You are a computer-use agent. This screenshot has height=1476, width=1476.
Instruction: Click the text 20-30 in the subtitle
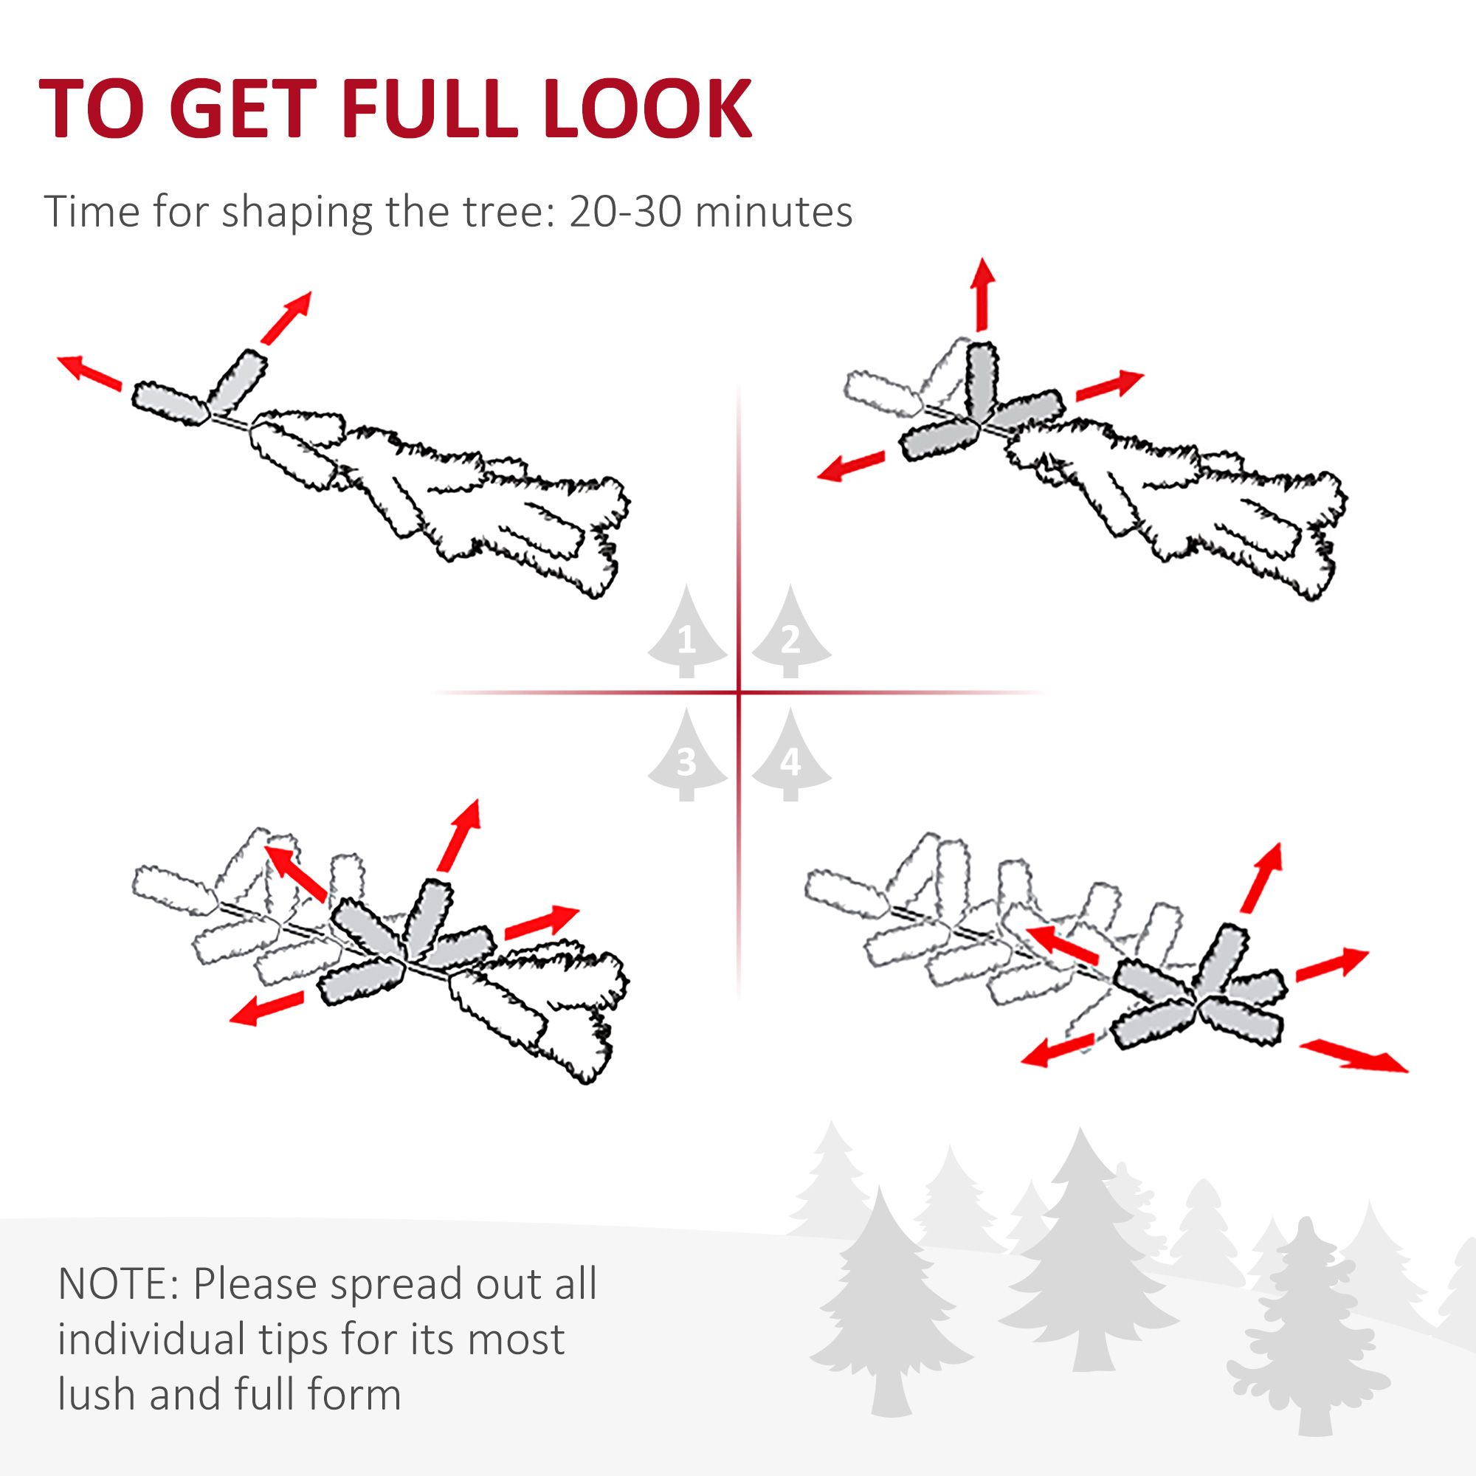[x=625, y=212]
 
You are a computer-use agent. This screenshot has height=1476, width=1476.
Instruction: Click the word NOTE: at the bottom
[x=118, y=1283]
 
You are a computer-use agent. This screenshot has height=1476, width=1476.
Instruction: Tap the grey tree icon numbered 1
[x=687, y=632]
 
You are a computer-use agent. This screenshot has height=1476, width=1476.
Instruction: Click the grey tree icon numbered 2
[x=790, y=632]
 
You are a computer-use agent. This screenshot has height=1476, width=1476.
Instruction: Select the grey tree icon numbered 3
[x=687, y=755]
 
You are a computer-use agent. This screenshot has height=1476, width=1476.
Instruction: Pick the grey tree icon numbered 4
[x=790, y=755]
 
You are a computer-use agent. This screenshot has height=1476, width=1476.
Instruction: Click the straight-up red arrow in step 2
[x=982, y=294]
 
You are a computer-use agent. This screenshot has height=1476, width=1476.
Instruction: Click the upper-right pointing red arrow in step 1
[x=286, y=317]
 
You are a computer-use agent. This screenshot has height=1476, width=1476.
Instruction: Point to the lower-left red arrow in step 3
[x=266, y=1007]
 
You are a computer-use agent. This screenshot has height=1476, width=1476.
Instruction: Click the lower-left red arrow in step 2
[x=851, y=465]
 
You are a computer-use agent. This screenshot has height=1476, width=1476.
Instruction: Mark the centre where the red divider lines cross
[x=739, y=693]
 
